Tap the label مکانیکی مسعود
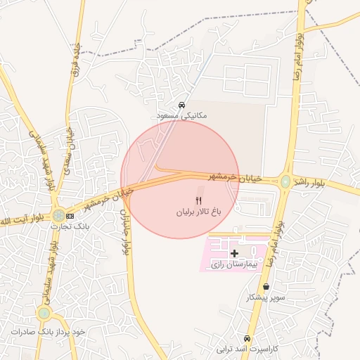pos(183,114)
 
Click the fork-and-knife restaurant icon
pos(198,201)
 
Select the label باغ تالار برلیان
pos(198,211)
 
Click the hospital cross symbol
pos(234,253)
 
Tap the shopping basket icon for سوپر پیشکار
pos(266,287)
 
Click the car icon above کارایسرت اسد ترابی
pos(247,338)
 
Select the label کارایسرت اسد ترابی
pos(247,349)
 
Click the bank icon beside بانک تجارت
pos(70,216)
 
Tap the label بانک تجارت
pos(71,226)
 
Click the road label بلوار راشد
pos(309,182)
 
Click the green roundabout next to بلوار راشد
pos(285,182)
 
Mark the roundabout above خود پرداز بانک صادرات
pos(44,313)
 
